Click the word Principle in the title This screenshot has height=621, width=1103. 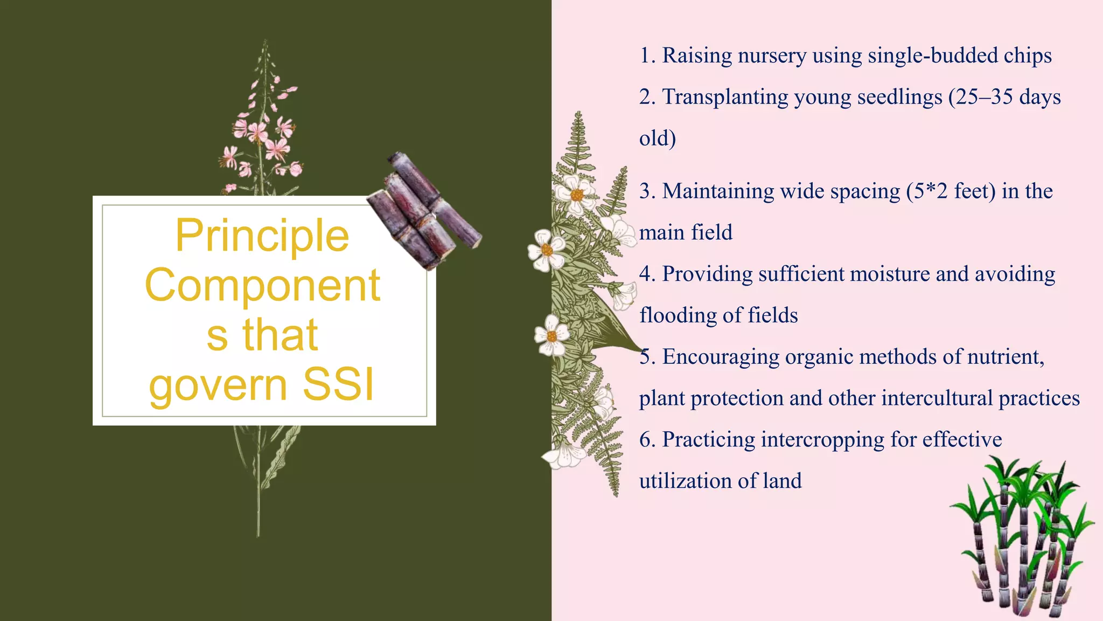coord(262,236)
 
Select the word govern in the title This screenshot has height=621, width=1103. coord(219,386)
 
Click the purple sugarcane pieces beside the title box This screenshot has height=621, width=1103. coord(424,211)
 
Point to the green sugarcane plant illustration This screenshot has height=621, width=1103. coord(1021,536)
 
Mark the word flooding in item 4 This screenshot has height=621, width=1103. coord(678,315)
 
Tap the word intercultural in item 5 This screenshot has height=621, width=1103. coord(937,398)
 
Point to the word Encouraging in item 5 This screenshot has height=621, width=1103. coord(721,357)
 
